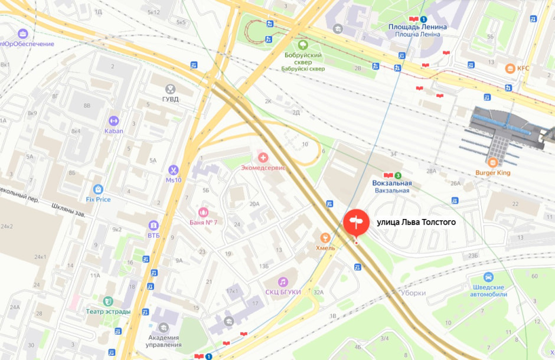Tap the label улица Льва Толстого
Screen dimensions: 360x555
(x=416, y=222)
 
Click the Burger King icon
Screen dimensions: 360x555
(x=492, y=162)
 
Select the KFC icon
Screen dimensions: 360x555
(x=510, y=68)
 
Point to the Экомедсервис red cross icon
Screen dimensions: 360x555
(x=263, y=158)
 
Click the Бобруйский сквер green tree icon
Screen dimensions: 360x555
(x=304, y=44)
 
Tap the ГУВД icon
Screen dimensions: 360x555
(x=171, y=89)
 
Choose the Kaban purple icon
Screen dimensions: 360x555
(x=114, y=121)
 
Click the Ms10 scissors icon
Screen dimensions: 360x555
(x=173, y=170)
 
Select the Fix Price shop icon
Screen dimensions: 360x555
(x=98, y=189)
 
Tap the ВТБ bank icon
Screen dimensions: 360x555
(x=154, y=225)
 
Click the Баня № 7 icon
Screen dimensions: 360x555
(x=204, y=212)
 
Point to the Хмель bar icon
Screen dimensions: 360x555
(x=324, y=238)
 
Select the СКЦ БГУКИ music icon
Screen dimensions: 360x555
(x=283, y=282)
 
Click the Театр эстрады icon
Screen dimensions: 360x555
(x=107, y=302)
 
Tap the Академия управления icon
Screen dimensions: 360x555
(x=164, y=328)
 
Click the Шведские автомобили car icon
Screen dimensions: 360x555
(x=488, y=277)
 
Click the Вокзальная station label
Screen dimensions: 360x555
(x=391, y=183)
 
